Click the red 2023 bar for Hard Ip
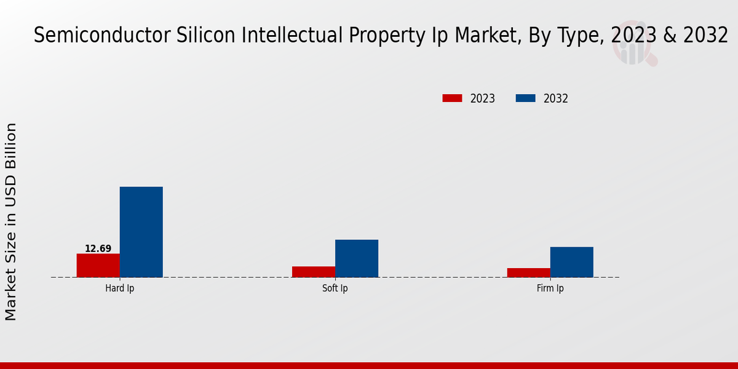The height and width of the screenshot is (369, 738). pyautogui.click(x=98, y=265)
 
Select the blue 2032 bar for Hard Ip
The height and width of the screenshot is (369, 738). pyautogui.click(x=141, y=232)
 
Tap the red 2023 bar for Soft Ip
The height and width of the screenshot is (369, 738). pyautogui.click(x=314, y=272)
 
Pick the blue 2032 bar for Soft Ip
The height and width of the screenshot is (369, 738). pyautogui.click(x=357, y=258)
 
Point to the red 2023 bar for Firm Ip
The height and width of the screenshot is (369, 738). pyautogui.click(x=529, y=272)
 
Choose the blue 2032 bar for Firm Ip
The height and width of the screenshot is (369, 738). pyautogui.click(x=572, y=262)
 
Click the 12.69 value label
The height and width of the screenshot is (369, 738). pyautogui.click(x=98, y=249)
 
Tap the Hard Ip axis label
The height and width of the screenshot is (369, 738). pyautogui.click(x=119, y=288)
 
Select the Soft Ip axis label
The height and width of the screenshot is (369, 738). pyautogui.click(x=335, y=288)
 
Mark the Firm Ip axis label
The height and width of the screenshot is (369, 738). pyautogui.click(x=550, y=288)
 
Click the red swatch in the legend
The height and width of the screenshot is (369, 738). pyautogui.click(x=452, y=98)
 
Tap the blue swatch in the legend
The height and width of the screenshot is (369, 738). pyautogui.click(x=525, y=98)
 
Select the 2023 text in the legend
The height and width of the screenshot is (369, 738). pyautogui.click(x=483, y=98)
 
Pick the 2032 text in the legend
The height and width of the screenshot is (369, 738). pyautogui.click(x=556, y=98)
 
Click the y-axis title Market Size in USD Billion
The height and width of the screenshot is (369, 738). pyautogui.click(x=11, y=221)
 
